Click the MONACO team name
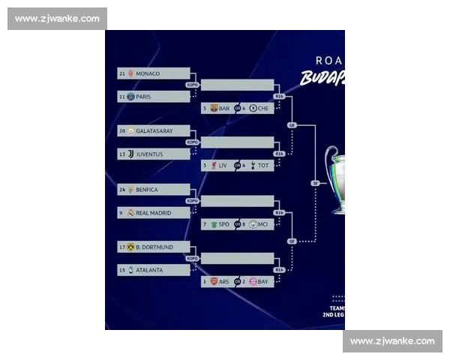(x=148, y=73)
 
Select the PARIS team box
(x=154, y=97)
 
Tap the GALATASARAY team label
(x=154, y=130)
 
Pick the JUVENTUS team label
(x=154, y=154)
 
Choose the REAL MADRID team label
(x=153, y=213)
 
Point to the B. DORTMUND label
(x=154, y=247)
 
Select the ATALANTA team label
(x=153, y=270)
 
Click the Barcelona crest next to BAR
(x=214, y=108)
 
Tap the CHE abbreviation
(x=262, y=108)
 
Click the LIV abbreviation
(x=223, y=165)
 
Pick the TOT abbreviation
(x=263, y=165)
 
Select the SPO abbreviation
(x=223, y=223)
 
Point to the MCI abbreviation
(x=263, y=223)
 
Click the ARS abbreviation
(x=223, y=281)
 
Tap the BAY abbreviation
(x=263, y=281)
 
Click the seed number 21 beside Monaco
(x=122, y=73)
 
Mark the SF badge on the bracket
(x=316, y=183)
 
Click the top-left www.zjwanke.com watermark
(x=57, y=19)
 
